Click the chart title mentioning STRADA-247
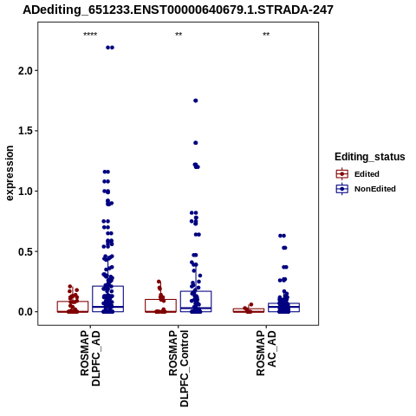178,10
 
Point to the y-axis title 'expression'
10,173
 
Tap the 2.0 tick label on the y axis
25,70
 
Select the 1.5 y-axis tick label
25,131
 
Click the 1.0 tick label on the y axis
25,192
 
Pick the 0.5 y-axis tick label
25,251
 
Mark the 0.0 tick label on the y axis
25,312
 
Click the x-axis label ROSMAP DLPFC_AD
90,358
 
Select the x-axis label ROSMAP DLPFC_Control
179,368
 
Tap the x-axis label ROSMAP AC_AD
266,353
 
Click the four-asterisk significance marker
90,35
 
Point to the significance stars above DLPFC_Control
179,35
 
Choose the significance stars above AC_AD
266,35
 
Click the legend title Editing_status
370,157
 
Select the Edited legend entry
358,174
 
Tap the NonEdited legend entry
366,189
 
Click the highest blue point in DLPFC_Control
196,101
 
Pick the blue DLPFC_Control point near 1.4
196,143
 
